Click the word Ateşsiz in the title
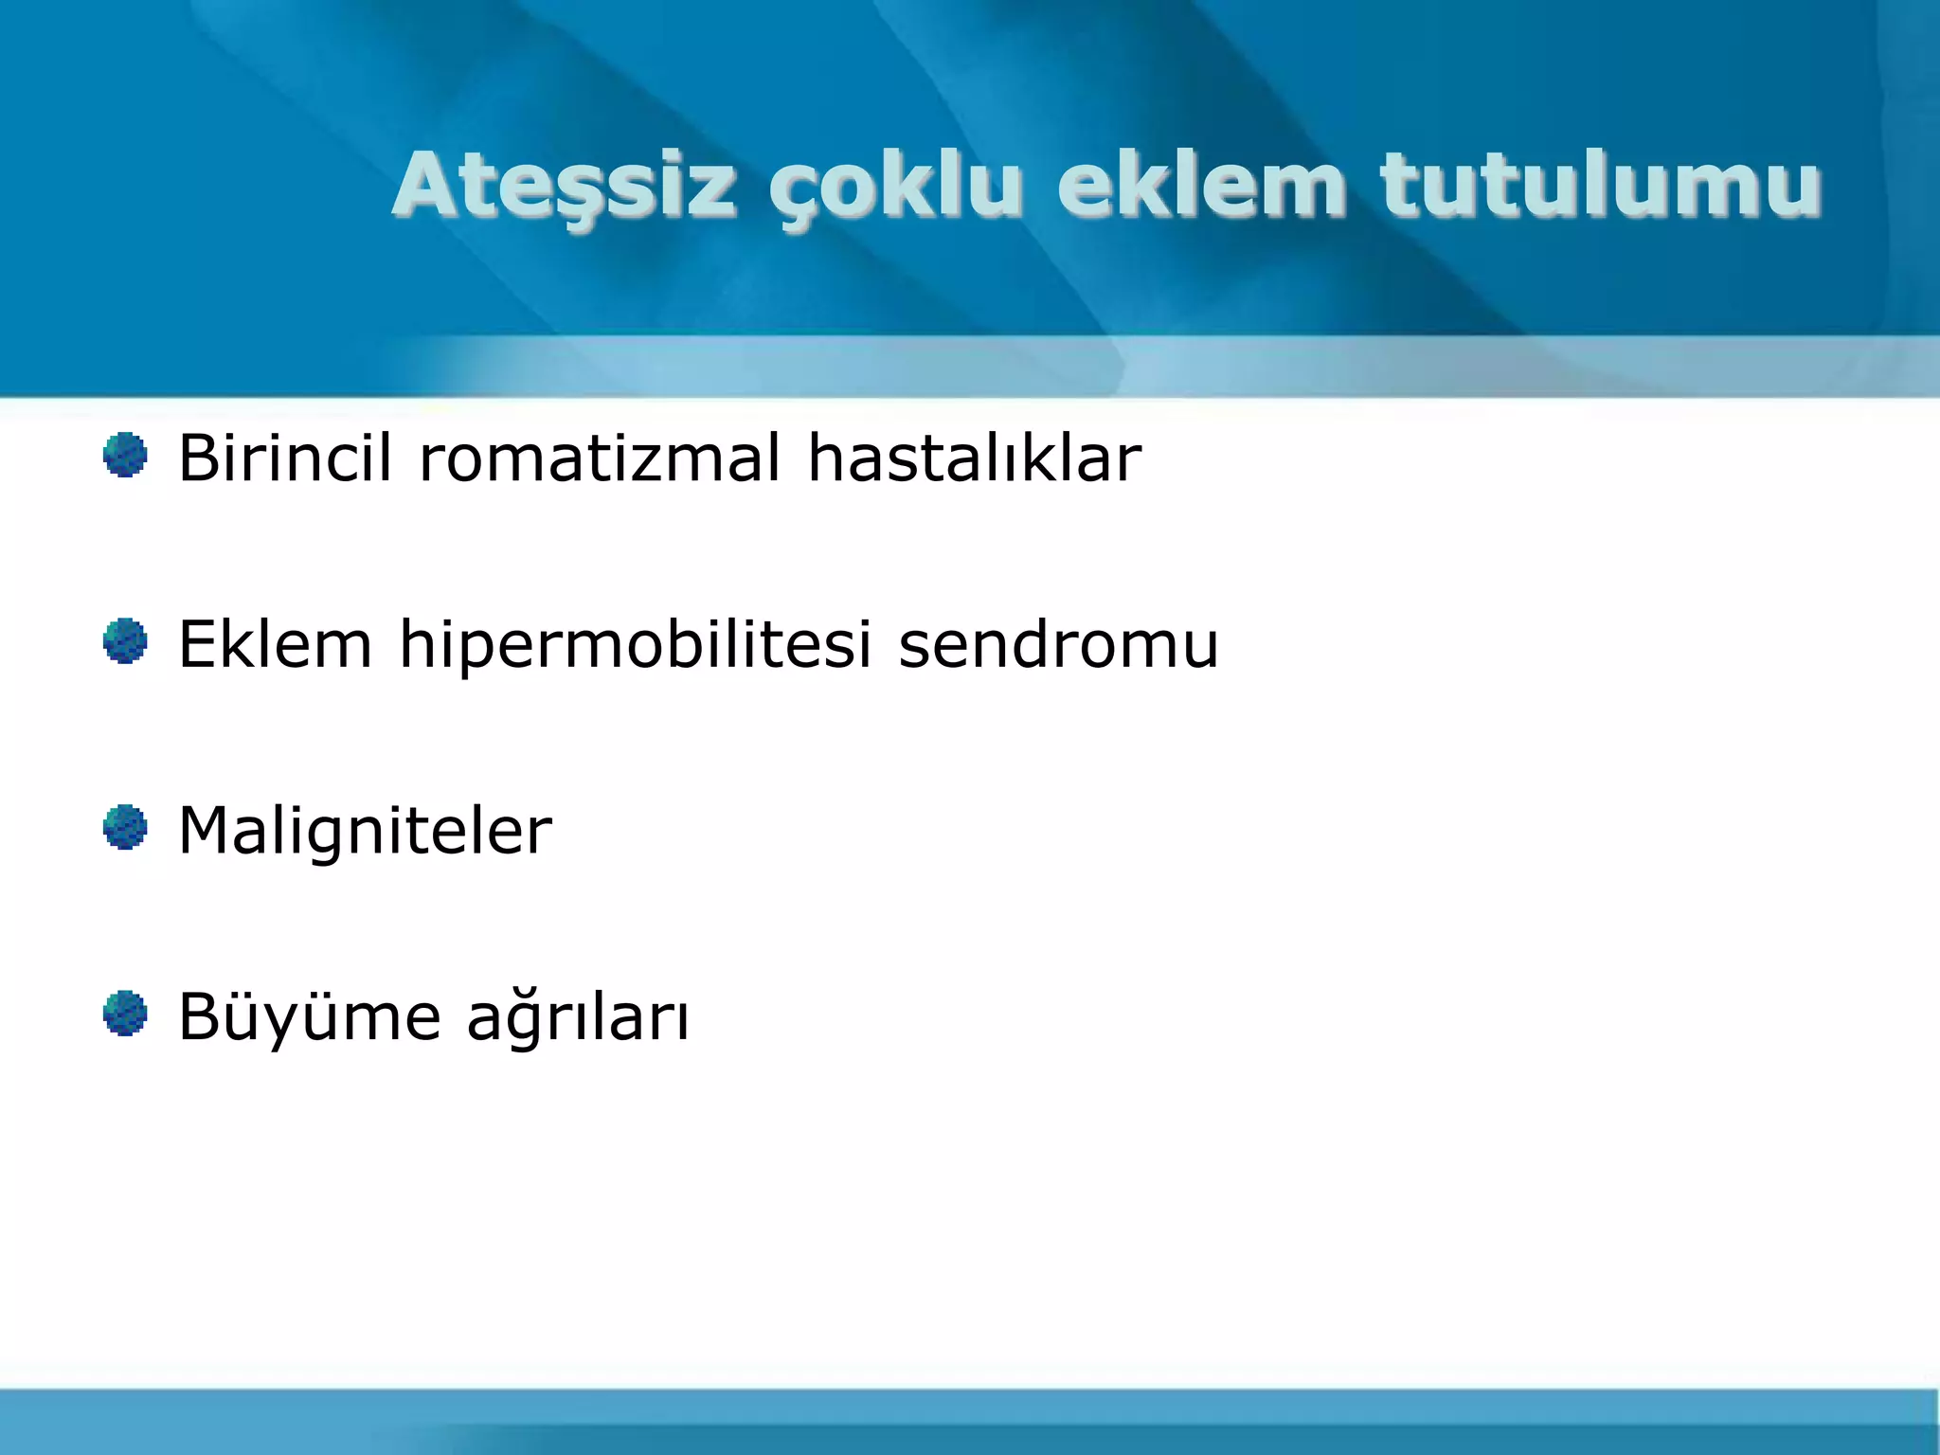click(x=565, y=185)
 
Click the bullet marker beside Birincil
click(x=125, y=456)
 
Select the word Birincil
click(x=284, y=458)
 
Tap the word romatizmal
click(x=600, y=458)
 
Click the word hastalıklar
click(x=974, y=458)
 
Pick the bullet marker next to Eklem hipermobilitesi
click(x=125, y=641)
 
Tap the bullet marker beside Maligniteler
click(x=125, y=827)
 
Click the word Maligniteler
click(x=365, y=831)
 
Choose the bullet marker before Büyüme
click(x=125, y=1014)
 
